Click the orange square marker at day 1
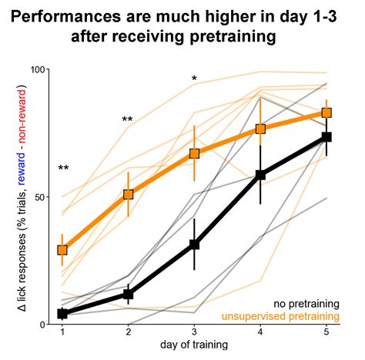click(62, 250)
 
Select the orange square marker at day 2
click(129, 195)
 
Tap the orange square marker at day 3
click(194, 153)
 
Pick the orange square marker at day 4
click(260, 129)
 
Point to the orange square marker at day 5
click(326, 113)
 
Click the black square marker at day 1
click(62, 313)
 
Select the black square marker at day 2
click(129, 294)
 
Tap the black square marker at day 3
click(194, 245)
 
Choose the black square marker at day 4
click(260, 175)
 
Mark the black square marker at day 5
click(326, 137)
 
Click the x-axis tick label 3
click(194, 332)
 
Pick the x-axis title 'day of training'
click(194, 345)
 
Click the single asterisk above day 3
click(194, 79)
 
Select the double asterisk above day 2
click(127, 120)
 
